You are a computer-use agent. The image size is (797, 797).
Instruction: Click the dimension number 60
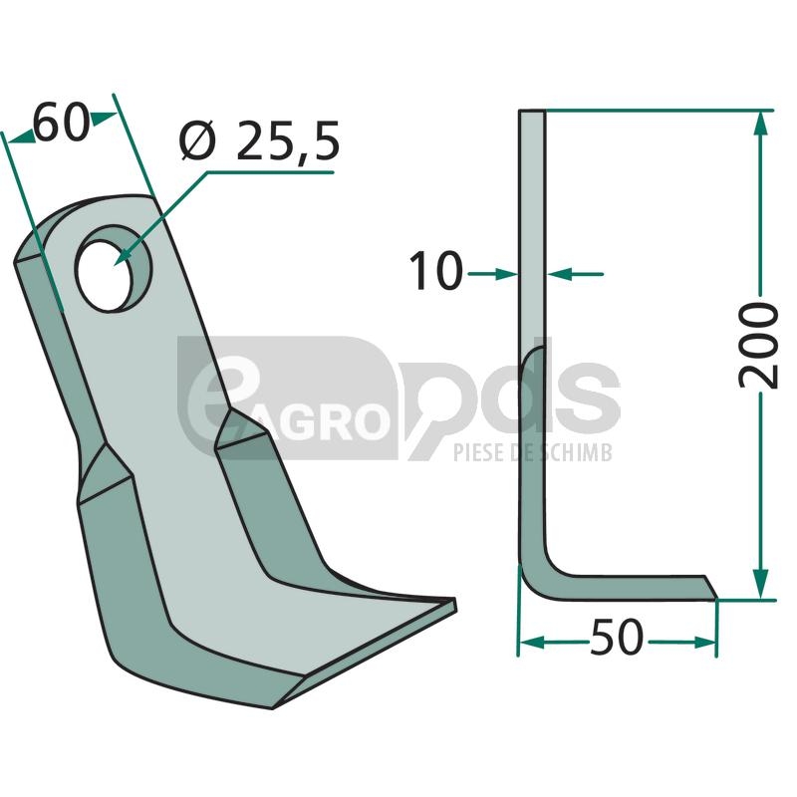[x=62, y=123]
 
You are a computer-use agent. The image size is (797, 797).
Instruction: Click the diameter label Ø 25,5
[x=259, y=141]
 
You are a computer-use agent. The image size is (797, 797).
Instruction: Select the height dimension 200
[x=758, y=345]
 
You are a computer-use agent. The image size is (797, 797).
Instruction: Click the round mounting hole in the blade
[x=113, y=268]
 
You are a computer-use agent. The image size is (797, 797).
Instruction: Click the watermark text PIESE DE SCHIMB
[x=533, y=452]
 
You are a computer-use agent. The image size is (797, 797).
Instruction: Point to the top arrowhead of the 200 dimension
[x=759, y=123]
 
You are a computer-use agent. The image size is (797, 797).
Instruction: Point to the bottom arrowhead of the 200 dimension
[x=759, y=586]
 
